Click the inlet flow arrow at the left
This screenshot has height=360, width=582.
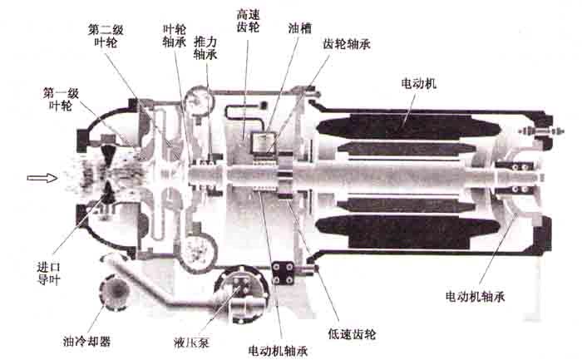click(42, 178)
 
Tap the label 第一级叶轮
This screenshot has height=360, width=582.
click(61, 100)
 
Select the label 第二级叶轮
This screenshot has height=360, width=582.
click(106, 36)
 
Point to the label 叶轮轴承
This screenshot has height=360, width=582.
click(174, 36)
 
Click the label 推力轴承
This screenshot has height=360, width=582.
click(205, 48)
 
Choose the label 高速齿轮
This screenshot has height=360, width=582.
click(248, 21)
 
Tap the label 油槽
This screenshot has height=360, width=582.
click(299, 28)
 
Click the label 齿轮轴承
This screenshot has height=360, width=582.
click(347, 44)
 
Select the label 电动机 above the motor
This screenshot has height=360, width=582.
click(419, 83)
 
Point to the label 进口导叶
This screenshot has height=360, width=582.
click(48, 273)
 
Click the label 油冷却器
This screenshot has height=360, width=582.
click(86, 341)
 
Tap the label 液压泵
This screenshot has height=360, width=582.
click(191, 343)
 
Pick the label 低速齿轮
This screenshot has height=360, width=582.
click(352, 333)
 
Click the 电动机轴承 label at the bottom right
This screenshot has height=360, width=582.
click(475, 296)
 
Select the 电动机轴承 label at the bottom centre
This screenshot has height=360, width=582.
click(278, 350)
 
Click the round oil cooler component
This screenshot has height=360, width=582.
click(114, 293)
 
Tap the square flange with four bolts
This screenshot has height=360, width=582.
click(283, 273)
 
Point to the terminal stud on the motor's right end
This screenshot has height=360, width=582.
click(542, 131)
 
